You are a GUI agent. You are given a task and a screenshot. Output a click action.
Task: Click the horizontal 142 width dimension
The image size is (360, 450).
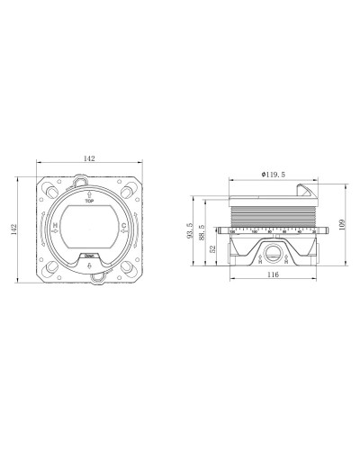pyautogui.click(x=89, y=157)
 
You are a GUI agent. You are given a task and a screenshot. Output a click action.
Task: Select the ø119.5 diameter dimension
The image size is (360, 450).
pyautogui.click(x=272, y=173)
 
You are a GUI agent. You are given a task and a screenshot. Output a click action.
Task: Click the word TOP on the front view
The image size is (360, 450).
pyautogui.click(x=90, y=202)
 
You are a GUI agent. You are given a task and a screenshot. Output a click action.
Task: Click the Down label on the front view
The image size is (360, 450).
pyautogui.click(x=90, y=256)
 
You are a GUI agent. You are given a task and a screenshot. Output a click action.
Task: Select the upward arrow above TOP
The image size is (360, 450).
pyautogui.click(x=90, y=193)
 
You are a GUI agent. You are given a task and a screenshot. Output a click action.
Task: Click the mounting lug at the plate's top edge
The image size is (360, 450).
pyautogui.click(x=90, y=177)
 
